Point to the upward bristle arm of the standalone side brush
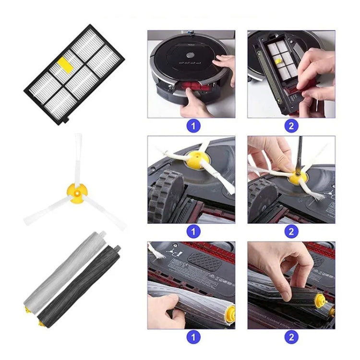tap(78, 156)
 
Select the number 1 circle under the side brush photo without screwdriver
tap(193, 231)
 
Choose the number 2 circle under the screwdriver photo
tap(291, 231)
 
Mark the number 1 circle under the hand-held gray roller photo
tap(193, 337)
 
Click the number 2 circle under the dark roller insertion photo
tap(291, 337)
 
